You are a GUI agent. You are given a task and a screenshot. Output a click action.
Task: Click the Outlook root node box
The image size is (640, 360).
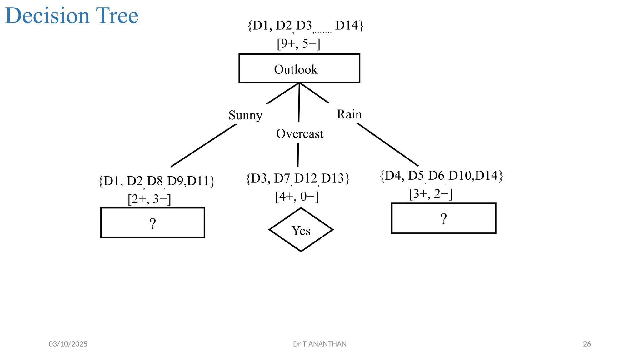click(x=299, y=68)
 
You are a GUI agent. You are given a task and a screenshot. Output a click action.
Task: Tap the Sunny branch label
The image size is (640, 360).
click(x=245, y=115)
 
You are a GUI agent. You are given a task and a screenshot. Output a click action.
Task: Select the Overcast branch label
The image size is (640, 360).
click(x=300, y=134)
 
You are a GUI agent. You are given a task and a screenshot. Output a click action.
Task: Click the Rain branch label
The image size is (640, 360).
click(x=349, y=114)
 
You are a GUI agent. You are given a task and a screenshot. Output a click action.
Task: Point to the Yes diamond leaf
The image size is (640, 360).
click(x=301, y=230)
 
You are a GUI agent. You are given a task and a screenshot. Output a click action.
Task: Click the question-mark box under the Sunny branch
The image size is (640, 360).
click(x=152, y=223)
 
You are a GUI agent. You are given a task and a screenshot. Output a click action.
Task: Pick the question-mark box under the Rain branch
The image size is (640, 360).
click(x=443, y=218)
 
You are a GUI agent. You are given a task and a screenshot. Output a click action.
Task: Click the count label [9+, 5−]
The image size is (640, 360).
click(x=298, y=43)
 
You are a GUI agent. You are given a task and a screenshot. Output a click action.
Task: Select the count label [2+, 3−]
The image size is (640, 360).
click(x=149, y=199)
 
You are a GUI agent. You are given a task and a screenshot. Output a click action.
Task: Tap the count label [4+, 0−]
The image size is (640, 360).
click(x=297, y=197)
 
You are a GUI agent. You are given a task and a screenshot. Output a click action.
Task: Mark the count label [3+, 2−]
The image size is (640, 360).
click(x=431, y=194)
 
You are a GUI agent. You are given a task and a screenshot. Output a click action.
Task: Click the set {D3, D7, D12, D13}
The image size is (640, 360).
click(x=297, y=178)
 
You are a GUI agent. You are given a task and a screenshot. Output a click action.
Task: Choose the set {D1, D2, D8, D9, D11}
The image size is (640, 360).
click(x=157, y=181)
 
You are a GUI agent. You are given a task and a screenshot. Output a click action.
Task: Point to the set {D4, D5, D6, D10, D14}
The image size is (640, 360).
click(x=441, y=176)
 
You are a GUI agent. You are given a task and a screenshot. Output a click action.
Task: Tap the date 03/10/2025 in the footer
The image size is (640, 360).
click(x=68, y=344)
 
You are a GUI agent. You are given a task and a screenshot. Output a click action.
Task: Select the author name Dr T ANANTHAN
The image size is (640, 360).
click(x=320, y=344)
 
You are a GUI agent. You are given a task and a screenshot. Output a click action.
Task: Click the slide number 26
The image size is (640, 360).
click(x=587, y=344)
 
